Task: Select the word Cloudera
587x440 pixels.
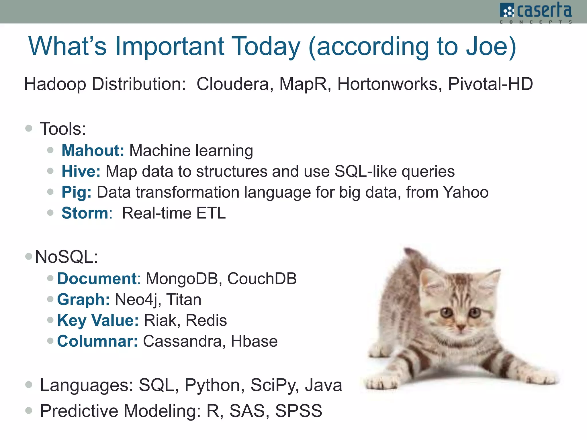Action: pos(232,84)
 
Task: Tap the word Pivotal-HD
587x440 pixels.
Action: pos(490,84)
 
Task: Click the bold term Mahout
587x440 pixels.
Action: pos(92,151)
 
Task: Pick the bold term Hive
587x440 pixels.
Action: pos(81,172)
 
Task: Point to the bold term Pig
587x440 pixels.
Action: pos(76,192)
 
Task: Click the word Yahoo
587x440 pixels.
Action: pos(465,192)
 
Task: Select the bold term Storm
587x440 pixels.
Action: pos(85,213)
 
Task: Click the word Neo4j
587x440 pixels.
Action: pos(136,300)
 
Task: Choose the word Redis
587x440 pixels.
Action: pos(206,321)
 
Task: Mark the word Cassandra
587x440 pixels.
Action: pos(182,341)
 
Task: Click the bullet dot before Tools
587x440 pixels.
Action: pos(29,128)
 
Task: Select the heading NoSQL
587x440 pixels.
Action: pos(66,257)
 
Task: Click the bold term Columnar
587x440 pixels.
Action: pos(97,341)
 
